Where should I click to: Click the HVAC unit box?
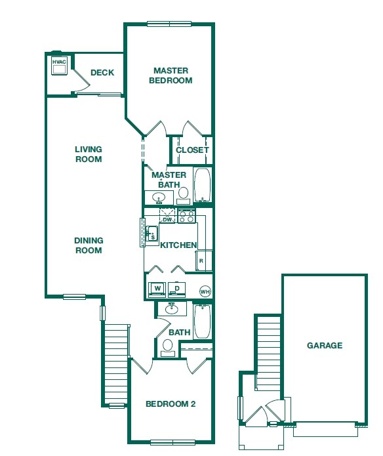60,66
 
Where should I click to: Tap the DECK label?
102,73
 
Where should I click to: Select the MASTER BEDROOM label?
171,75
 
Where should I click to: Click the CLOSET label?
192,150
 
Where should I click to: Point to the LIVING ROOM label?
88,154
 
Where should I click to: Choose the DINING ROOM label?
88,245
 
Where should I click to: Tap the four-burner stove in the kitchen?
186,215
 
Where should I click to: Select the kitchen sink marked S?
152,234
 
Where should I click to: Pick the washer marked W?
158,289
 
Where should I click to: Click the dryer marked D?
177,289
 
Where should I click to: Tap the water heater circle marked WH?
205,291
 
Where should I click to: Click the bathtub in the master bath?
202,186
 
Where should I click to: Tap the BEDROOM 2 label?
171,404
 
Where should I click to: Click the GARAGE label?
325,346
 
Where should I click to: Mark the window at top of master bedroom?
169,24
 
